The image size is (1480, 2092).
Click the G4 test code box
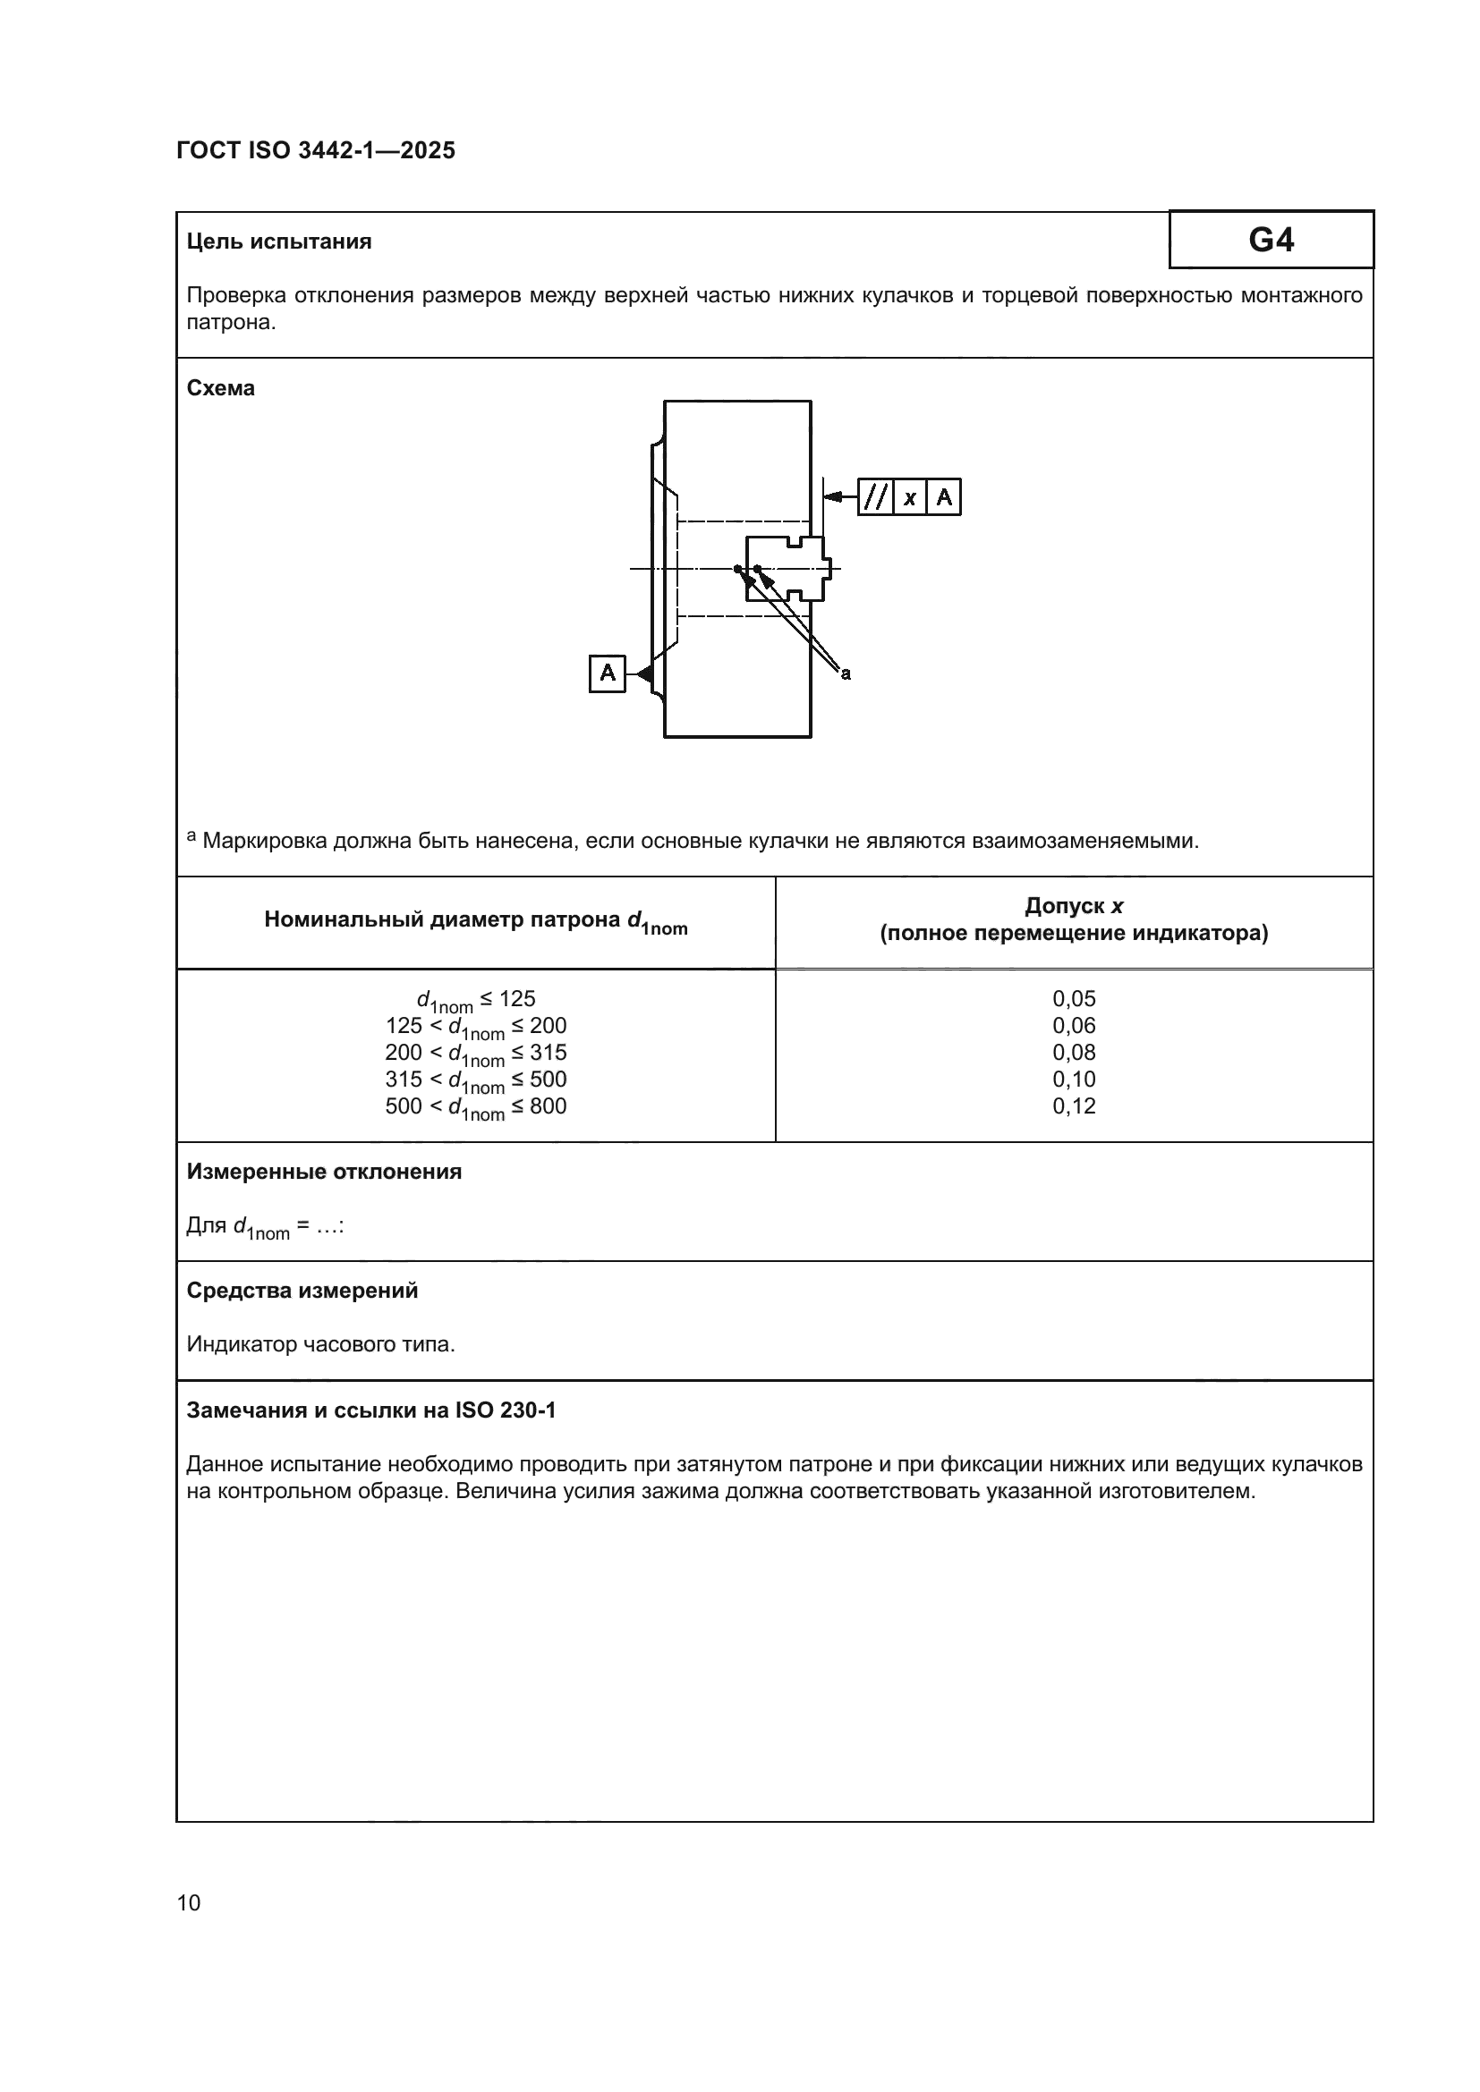pyautogui.click(x=1271, y=240)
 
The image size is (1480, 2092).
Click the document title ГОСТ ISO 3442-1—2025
pyautogui.click(x=315, y=150)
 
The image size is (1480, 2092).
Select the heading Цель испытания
pyautogui.click(x=279, y=241)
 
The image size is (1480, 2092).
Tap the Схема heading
pyautogui.click(x=220, y=388)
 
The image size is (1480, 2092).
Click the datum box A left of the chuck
pyautogui.click(x=607, y=673)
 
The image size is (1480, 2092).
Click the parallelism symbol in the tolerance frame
pyautogui.click(x=875, y=497)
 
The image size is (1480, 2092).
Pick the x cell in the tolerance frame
pyautogui.click(x=909, y=498)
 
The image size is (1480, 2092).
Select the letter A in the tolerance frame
pyautogui.click(x=944, y=497)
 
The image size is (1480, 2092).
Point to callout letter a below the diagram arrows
pyautogui.click(x=846, y=674)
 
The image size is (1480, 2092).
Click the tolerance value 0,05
pyautogui.click(x=1074, y=998)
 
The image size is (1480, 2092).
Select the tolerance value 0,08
pyautogui.click(x=1074, y=1052)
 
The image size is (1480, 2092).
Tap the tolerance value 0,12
pyautogui.click(x=1074, y=1105)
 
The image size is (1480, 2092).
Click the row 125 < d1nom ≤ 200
pyautogui.click(x=476, y=1027)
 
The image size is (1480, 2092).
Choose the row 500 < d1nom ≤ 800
pyautogui.click(x=476, y=1107)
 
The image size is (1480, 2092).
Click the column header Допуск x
pyautogui.click(x=1074, y=906)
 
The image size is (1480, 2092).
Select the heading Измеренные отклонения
pyautogui.click(x=324, y=1172)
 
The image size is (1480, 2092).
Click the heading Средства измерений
pyautogui.click(x=302, y=1291)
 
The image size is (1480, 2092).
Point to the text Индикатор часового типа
pyautogui.click(x=319, y=1344)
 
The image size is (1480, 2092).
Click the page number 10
pyautogui.click(x=189, y=1902)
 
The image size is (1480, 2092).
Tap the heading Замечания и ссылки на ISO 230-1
pyautogui.click(x=371, y=1410)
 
